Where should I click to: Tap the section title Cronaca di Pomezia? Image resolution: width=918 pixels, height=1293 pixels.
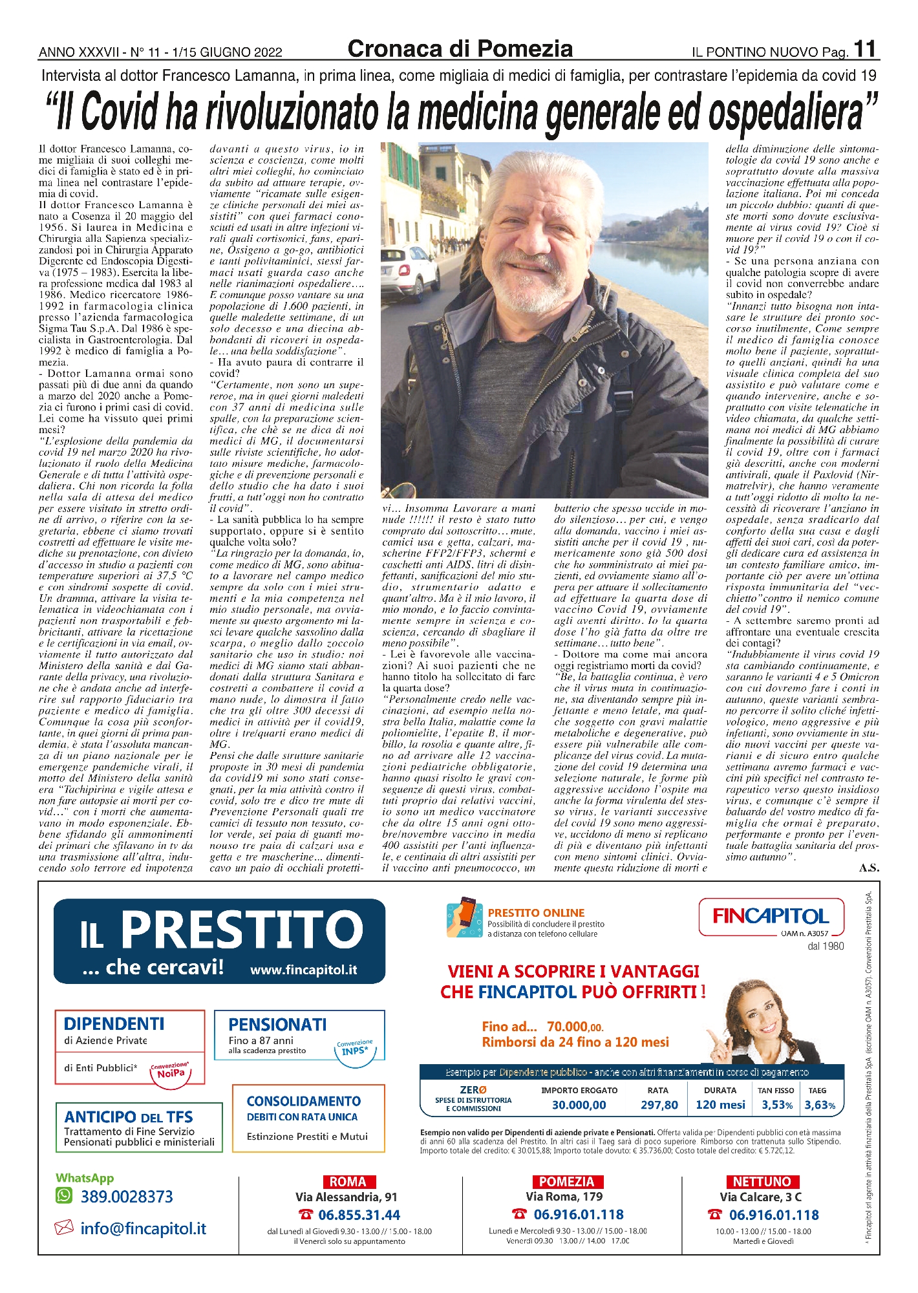coord(460,48)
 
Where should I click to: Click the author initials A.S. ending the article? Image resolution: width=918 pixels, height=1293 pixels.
coord(869,868)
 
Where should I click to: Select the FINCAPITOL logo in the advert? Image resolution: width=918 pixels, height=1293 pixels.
coord(771,916)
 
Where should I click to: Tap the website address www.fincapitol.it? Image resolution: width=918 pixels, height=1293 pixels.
coord(303,970)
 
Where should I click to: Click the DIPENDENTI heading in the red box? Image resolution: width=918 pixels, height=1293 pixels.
coord(114,1023)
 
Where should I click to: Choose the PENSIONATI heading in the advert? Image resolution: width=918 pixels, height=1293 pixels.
coord(277,1024)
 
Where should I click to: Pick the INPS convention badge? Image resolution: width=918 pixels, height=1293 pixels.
coord(355,1048)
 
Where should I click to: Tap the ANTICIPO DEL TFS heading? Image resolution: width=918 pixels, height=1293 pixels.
coord(129,1117)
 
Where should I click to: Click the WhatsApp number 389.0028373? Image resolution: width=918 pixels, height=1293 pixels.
coord(127,1197)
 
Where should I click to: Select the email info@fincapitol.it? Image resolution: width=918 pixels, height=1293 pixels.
coord(143,1228)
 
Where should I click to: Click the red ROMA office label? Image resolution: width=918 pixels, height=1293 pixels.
coord(347,1182)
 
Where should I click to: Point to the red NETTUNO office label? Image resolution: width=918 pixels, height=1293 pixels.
coord(762,1182)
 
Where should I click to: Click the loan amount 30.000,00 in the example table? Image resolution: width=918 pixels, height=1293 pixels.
coord(579,1105)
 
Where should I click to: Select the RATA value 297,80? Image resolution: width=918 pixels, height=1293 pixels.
coord(659,1105)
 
